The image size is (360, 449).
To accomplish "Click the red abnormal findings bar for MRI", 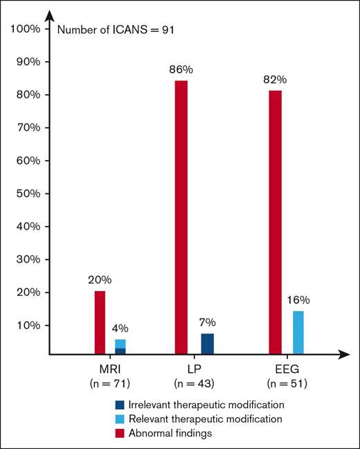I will (x=100, y=322).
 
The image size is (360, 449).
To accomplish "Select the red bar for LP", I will (x=181, y=218).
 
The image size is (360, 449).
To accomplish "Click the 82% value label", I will (x=275, y=79).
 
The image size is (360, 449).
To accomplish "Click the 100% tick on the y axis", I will (x=27, y=29).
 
